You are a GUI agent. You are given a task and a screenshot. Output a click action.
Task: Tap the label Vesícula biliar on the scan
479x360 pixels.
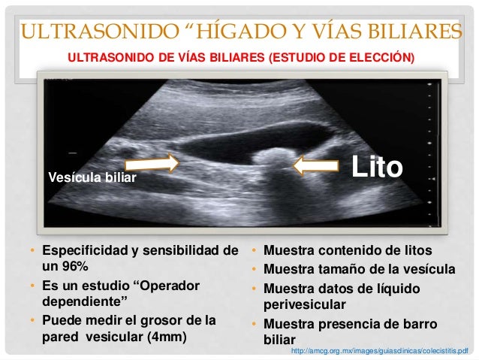92,178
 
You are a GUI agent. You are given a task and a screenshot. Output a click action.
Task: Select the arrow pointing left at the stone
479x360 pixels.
319,166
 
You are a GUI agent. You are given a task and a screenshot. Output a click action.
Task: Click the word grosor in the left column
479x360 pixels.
171,319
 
